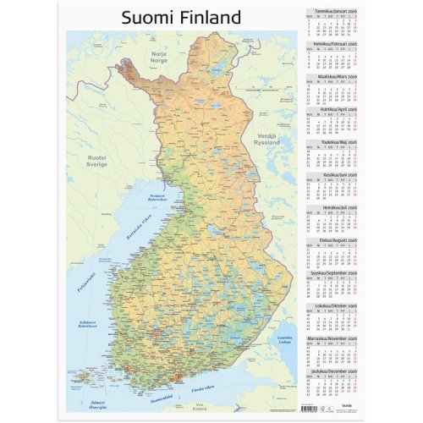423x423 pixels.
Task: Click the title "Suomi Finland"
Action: pos(181,17)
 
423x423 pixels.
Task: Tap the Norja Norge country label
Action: pos(158,58)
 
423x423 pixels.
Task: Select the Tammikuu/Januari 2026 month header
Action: pos(336,11)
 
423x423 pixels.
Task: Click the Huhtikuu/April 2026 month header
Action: pos(336,109)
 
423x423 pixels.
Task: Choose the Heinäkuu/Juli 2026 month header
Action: pos(336,207)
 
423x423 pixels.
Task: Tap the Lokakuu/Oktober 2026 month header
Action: pos(336,305)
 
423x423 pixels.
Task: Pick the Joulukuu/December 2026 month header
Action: pos(336,371)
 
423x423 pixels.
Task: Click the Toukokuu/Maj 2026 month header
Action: pos(336,142)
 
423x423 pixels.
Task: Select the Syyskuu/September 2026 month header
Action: pos(336,272)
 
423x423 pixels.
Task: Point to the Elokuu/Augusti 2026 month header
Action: pos(336,240)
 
